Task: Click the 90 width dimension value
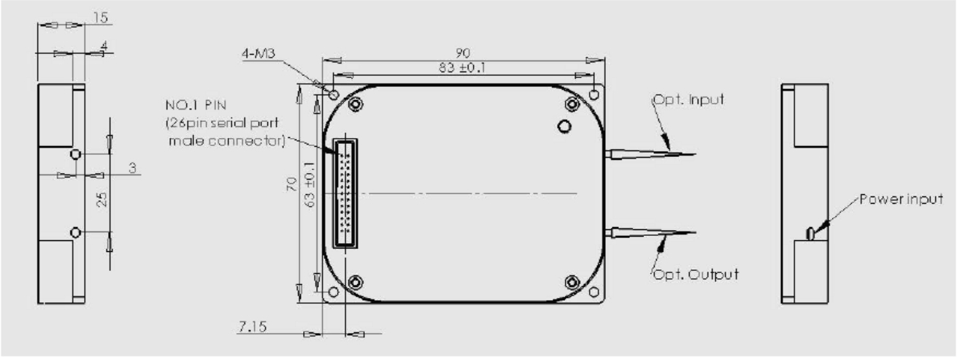point(463,53)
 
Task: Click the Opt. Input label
point(688,100)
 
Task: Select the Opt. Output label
point(694,275)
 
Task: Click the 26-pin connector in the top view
point(347,194)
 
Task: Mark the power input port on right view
point(811,233)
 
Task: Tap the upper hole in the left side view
point(75,155)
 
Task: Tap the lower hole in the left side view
point(75,232)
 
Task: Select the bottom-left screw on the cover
point(355,281)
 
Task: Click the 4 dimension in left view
point(104,45)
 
